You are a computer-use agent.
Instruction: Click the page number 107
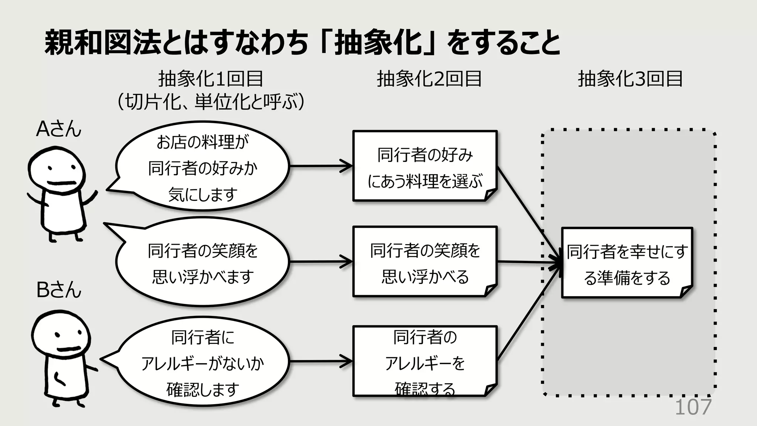point(693,408)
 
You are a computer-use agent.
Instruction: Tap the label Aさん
point(58,129)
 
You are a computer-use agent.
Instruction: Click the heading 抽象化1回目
point(210,79)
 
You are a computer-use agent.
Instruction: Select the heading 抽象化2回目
point(429,79)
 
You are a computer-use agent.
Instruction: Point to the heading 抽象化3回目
point(630,79)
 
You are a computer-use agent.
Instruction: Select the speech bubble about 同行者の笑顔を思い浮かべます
point(202,263)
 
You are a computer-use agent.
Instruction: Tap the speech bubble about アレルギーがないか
point(202,362)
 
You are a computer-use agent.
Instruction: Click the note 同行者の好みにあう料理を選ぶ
point(425,166)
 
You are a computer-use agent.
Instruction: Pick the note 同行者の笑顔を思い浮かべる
point(425,263)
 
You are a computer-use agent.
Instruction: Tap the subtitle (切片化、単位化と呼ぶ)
point(210,101)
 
